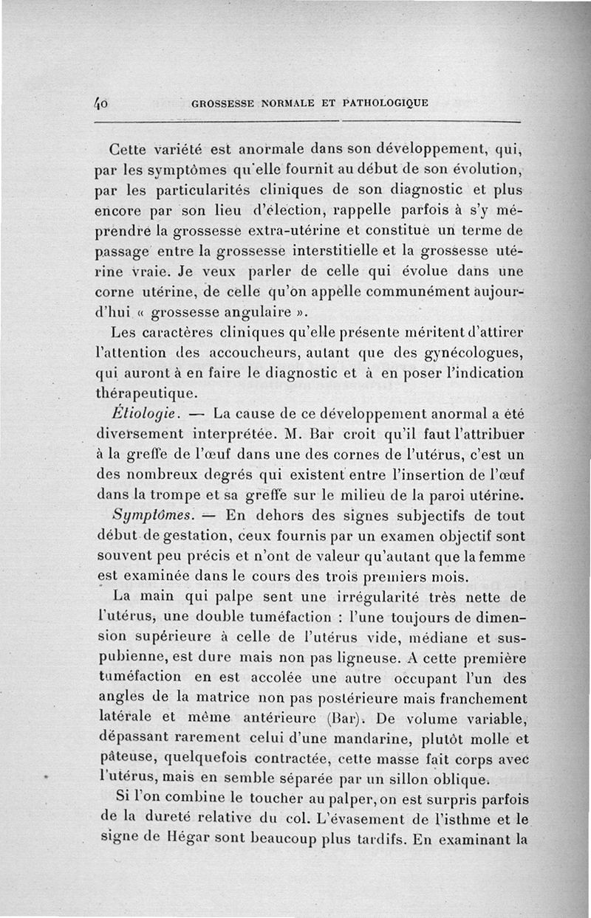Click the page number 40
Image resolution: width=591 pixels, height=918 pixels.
click(101, 103)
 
